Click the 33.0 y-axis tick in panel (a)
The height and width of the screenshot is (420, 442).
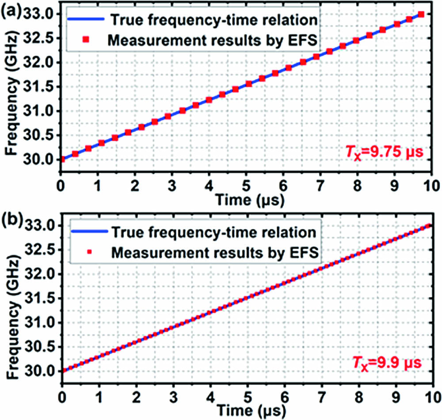click(x=44, y=14)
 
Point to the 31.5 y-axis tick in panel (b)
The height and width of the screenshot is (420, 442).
click(x=44, y=299)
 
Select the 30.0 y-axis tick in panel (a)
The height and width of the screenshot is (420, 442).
click(x=44, y=159)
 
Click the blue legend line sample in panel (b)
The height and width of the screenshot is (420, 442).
click(x=86, y=232)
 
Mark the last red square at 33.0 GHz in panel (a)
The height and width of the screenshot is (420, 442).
click(x=421, y=15)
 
